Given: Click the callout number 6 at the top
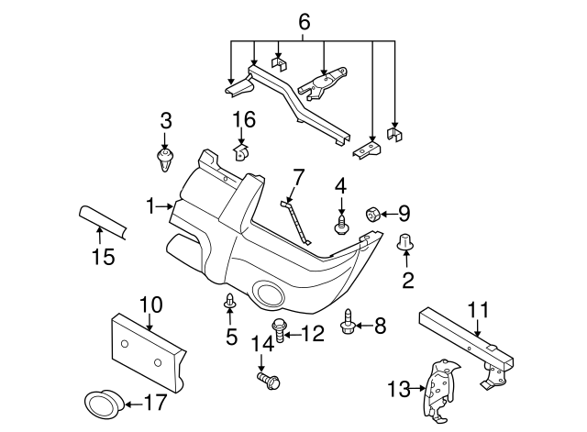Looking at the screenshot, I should pos(305,18).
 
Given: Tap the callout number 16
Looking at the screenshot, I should pos(243,120).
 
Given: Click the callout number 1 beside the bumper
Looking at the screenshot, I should pos(152,208).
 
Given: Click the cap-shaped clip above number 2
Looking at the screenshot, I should pos(404,242).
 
